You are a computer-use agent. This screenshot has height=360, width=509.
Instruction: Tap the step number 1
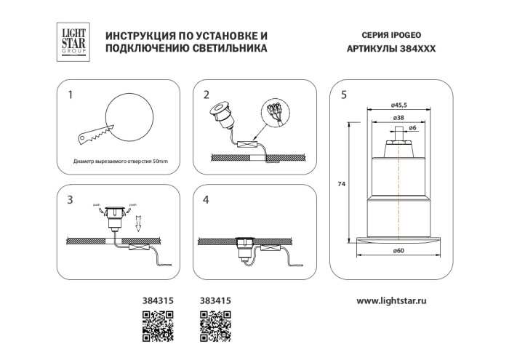click(x=70, y=95)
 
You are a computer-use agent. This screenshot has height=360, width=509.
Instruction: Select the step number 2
click(x=207, y=95)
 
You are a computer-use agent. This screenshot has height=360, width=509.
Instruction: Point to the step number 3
click(x=70, y=199)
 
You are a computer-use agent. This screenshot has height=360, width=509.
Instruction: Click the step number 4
click(x=207, y=199)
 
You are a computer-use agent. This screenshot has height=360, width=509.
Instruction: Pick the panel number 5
click(x=343, y=95)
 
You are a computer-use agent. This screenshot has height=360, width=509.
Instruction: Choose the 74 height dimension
click(x=341, y=184)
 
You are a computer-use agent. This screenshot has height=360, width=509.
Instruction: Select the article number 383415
click(x=213, y=300)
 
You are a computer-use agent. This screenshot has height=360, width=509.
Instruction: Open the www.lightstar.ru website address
click(x=402, y=300)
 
